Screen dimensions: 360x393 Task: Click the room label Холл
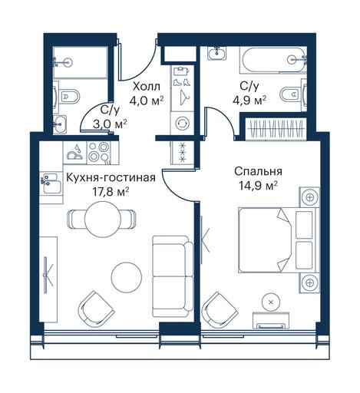147,87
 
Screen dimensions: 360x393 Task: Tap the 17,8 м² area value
111,191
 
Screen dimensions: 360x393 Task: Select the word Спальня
258,171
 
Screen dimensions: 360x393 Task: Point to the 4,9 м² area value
249,99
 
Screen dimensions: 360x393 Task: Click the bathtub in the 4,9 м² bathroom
272,60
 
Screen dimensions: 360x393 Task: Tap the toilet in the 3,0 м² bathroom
66,97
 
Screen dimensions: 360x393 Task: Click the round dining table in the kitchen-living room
103,219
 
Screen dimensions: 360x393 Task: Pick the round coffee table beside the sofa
126,276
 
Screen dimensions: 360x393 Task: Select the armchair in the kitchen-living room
96,309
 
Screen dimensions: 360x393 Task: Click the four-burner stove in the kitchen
99,153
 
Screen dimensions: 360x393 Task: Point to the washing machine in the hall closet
183,124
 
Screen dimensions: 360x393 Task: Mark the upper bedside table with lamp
310,197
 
